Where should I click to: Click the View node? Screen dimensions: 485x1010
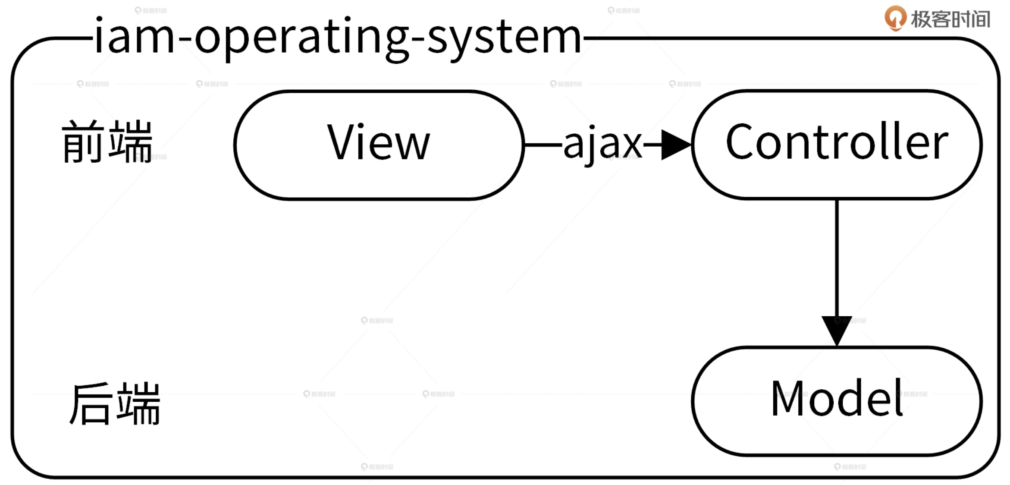click(379, 145)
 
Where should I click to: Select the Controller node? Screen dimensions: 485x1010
click(837, 144)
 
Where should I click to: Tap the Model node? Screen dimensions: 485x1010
click(837, 400)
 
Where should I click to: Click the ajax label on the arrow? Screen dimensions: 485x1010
click(602, 144)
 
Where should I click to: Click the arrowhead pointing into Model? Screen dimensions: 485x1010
click(837, 330)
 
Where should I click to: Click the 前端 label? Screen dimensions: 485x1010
click(107, 142)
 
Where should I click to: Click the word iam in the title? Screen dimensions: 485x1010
click(134, 38)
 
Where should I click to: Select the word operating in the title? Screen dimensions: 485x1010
click(301, 40)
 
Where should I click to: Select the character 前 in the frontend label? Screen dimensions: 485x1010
click(83, 142)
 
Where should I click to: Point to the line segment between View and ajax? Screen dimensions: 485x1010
click(543, 145)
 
